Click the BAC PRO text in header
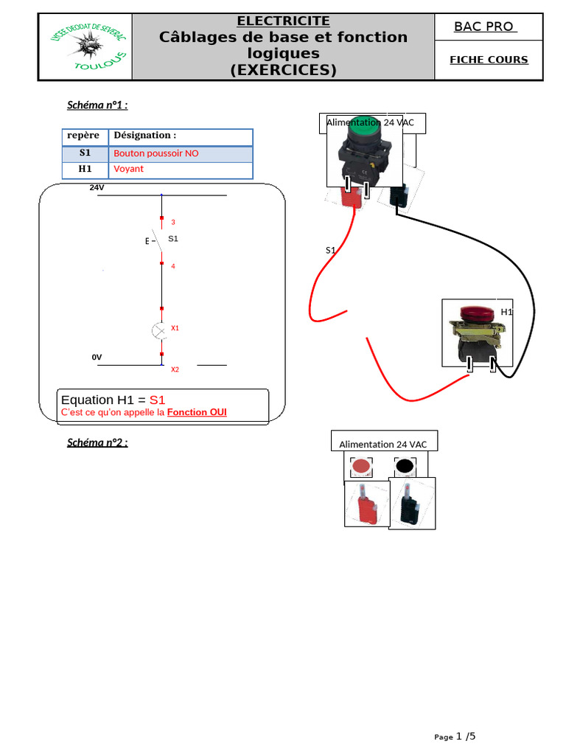(484, 27)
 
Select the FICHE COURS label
(489, 60)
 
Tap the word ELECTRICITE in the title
(283, 21)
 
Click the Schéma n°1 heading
(97, 105)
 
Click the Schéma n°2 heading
(97, 442)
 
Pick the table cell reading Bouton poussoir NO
(156, 153)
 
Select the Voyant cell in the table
(129, 169)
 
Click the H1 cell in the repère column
(85, 169)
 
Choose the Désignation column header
(144, 136)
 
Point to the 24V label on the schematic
(97, 188)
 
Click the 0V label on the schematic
(97, 358)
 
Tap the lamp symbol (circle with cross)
(159, 331)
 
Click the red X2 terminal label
(175, 369)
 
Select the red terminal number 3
(173, 222)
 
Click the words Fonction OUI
(197, 412)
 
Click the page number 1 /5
(466, 736)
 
